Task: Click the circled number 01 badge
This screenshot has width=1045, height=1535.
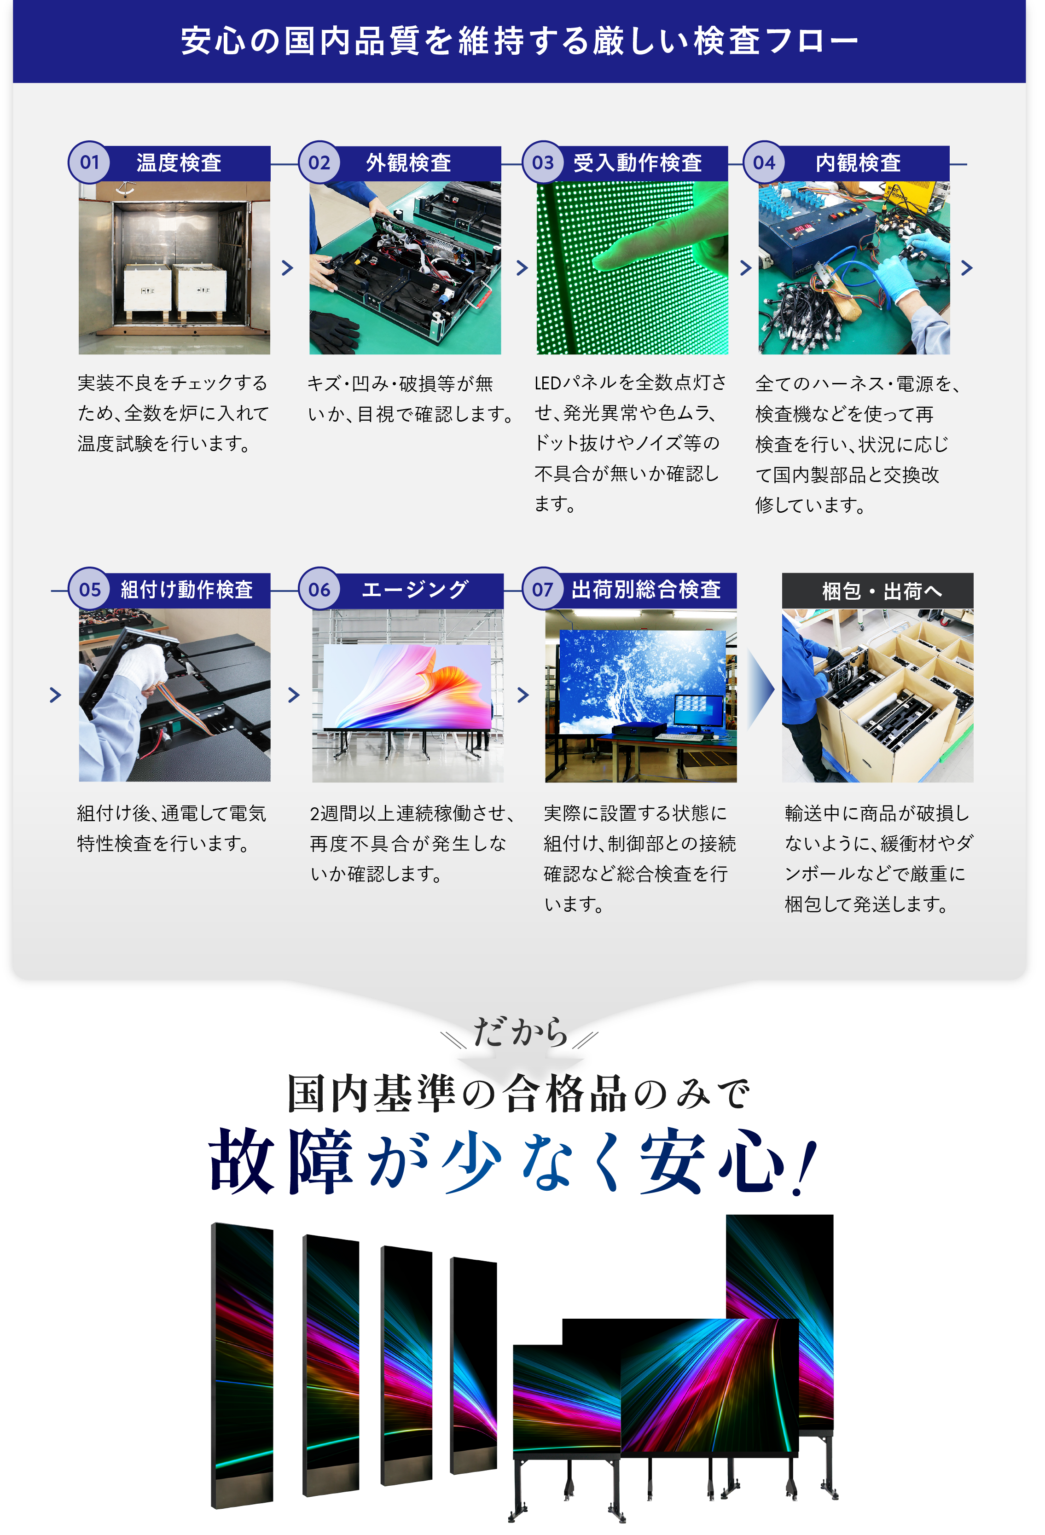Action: [89, 162]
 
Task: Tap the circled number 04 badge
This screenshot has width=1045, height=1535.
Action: [764, 162]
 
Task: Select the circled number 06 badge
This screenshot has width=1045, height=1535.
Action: [319, 590]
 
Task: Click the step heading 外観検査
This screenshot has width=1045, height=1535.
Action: [408, 162]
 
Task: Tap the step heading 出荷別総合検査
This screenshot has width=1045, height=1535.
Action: [645, 590]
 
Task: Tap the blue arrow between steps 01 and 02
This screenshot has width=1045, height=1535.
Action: [287, 268]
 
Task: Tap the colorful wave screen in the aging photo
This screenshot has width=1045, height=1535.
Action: [407, 687]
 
